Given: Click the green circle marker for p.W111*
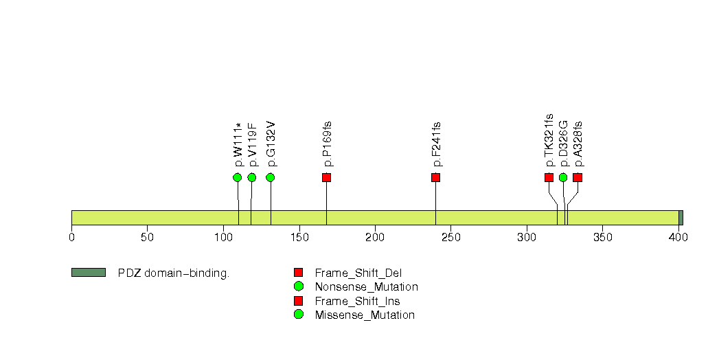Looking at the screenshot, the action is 237,177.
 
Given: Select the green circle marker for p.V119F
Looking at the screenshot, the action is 252,177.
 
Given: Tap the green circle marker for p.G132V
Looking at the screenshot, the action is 270,177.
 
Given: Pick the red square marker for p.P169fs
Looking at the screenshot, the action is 326,177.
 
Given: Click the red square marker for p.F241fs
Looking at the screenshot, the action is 435,177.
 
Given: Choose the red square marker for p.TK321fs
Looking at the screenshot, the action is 549,177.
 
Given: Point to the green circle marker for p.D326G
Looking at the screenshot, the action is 563,177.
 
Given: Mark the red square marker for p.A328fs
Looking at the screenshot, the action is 578,177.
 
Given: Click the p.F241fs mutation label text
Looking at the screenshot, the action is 437,144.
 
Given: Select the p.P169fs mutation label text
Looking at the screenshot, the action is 328,144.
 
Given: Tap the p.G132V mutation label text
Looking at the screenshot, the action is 271,144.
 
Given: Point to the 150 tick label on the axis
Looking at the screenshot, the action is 299,237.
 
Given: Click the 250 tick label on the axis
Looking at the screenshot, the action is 450,237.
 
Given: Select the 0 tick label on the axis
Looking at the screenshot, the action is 71,237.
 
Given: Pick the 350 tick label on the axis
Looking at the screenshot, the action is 602,237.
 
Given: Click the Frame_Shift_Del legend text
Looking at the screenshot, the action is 358,273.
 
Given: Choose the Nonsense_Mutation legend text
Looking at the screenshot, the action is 367,287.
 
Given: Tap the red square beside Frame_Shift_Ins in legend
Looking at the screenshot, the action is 299,301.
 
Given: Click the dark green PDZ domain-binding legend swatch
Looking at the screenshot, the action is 89,273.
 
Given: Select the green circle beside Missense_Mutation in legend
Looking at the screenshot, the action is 299,315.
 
